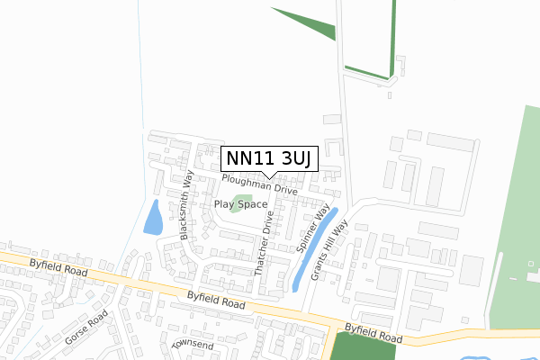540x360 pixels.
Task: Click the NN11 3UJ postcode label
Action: [268, 158]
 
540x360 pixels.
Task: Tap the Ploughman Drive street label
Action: [260, 185]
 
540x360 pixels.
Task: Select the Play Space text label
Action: [240, 204]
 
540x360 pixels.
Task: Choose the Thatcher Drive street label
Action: [263, 245]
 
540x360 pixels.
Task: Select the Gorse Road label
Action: [85, 328]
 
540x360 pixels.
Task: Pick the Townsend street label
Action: [193, 345]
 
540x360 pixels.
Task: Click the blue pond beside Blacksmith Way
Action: [153, 217]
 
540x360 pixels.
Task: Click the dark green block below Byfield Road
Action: [364, 346]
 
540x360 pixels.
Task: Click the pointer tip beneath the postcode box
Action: [268, 176]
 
